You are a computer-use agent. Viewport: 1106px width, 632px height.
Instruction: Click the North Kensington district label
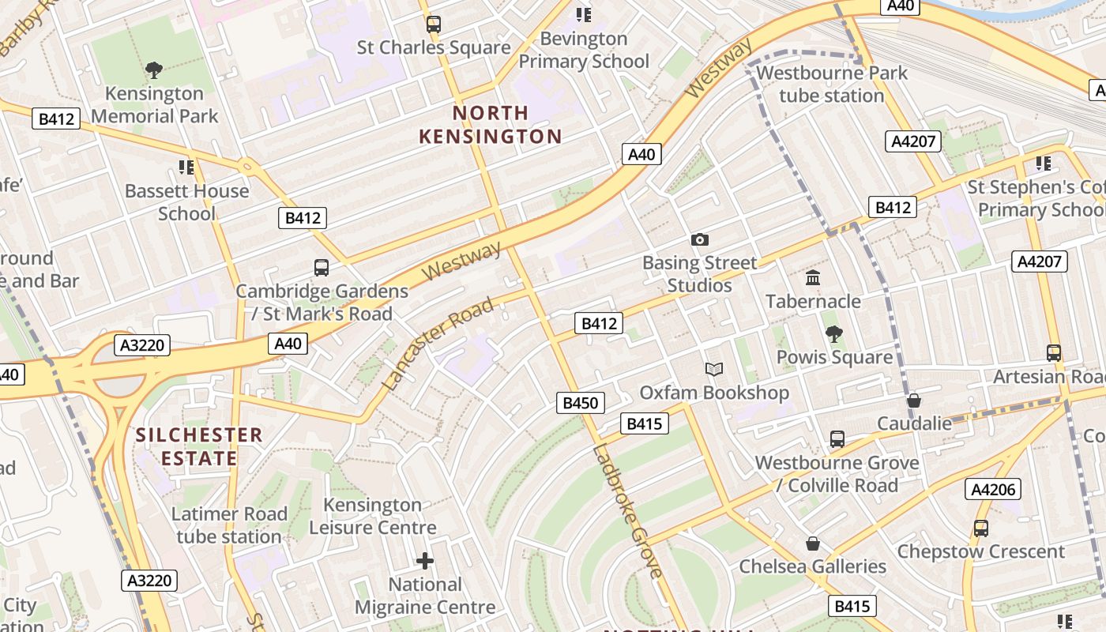pos(490,125)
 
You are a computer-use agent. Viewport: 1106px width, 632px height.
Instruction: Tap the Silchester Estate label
pos(199,446)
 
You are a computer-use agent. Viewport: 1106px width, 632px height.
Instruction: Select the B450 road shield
pos(581,403)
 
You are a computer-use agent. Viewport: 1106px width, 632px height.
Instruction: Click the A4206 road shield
pos(993,490)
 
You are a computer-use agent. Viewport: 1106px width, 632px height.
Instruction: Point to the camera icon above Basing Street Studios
pos(699,239)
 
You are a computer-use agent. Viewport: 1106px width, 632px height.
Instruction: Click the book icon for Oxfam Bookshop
pos(713,369)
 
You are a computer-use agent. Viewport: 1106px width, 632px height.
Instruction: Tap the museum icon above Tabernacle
pos(813,277)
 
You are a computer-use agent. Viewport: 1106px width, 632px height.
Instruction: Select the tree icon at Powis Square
pos(833,334)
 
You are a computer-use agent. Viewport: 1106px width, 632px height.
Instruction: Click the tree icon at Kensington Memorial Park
pos(154,70)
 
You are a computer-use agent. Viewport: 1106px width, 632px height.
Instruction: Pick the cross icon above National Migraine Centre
pos(425,561)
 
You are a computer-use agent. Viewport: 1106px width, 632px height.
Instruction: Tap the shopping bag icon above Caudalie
pos(914,401)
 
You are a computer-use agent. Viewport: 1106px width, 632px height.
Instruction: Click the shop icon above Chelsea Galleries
pos(813,544)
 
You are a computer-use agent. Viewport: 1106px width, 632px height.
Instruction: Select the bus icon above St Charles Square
pos(433,24)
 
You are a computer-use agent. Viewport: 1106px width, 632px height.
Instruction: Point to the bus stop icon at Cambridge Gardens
pos(322,267)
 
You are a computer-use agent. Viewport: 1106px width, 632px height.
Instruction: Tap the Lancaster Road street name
pos(438,344)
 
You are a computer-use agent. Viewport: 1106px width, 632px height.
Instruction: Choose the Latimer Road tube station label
pos(228,525)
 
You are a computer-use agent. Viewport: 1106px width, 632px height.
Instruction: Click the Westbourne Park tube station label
pos(832,85)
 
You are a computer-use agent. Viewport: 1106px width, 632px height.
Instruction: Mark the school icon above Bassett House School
pos(186,167)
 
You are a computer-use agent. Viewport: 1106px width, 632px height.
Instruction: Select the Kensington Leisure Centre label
pos(373,516)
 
